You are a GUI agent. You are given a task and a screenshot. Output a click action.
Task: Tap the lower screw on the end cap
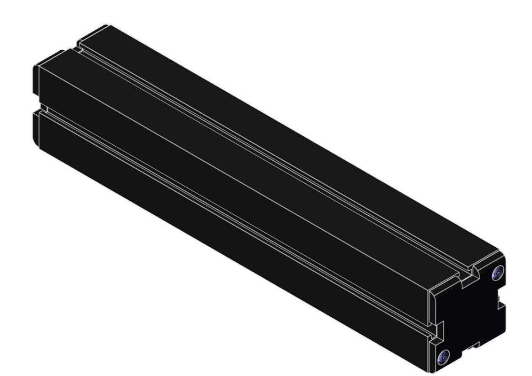443,356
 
